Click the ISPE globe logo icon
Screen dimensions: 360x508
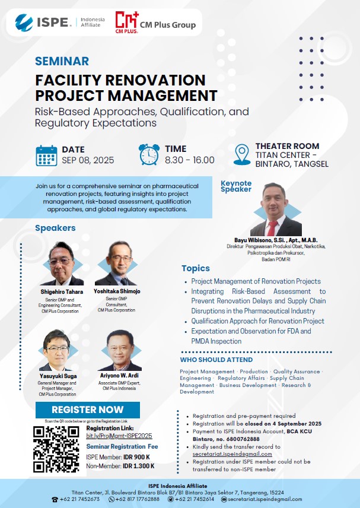[x=24, y=23]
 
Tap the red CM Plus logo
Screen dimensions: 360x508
[x=127, y=23]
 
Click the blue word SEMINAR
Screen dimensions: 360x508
[x=62, y=61]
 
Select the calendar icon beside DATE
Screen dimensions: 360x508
[x=47, y=156]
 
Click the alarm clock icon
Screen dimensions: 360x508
[x=149, y=154]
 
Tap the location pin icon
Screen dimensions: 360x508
[x=242, y=155]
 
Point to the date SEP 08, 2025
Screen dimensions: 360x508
[x=88, y=160]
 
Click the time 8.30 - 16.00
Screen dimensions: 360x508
[x=190, y=160]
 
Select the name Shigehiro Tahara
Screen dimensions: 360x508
[x=62, y=291]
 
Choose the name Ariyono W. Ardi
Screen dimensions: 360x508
[x=119, y=375]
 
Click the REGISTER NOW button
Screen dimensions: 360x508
[x=88, y=410]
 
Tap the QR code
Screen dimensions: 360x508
[x=56, y=449]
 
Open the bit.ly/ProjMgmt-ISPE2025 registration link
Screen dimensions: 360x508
[x=119, y=436]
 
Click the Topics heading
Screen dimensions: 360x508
[x=196, y=268]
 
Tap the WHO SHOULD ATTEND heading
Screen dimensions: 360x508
[x=216, y=360]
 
